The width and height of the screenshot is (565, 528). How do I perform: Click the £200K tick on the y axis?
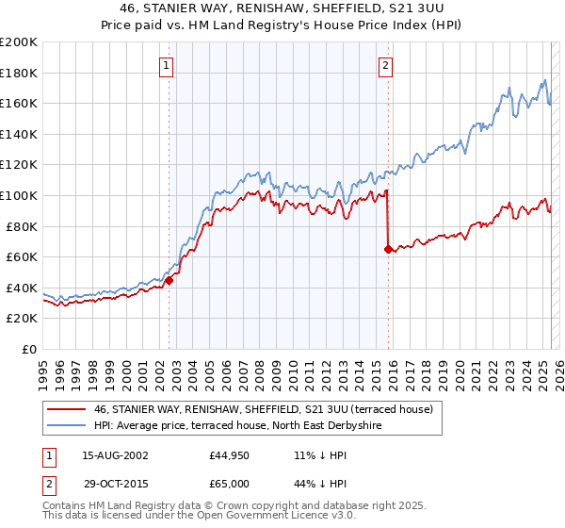tap(19, 41)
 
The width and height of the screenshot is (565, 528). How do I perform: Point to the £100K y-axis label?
tap(19, 195)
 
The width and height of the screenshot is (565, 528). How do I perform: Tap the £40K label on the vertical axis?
tap(23, 288)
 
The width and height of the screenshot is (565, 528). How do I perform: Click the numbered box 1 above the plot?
tap(166, 66)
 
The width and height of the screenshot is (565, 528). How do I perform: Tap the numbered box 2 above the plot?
tap(386, 66)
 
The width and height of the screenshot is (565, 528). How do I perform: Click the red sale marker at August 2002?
tap(169, 280)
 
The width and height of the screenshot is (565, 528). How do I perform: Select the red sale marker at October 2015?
tap(388, 250)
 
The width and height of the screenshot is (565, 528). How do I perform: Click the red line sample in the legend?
tap(66, 409)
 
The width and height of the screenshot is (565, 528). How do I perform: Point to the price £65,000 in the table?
tap(230, 484)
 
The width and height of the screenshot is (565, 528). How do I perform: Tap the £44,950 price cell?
tap(230, 455)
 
